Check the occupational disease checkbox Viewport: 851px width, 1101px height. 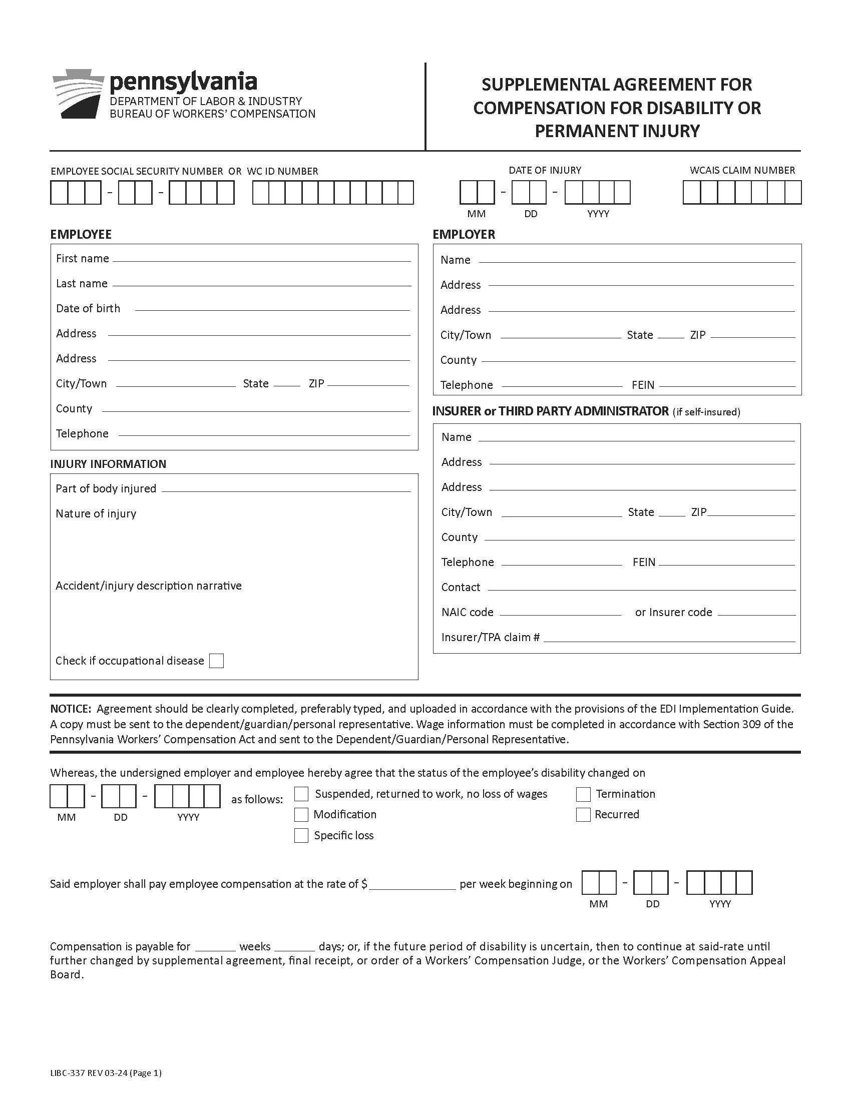coord(216,661)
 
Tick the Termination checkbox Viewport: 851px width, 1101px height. coord(583,794)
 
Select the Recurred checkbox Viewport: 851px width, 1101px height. coord(583,815)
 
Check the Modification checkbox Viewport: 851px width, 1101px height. coord(301,815)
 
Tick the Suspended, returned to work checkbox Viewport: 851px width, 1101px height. coord(301,794)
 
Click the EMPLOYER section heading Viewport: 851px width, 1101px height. coord(464,234)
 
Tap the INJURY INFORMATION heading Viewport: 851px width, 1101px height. coord(108,464)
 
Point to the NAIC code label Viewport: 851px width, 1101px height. coord(467,612)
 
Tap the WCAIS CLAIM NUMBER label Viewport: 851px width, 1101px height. coord(742,170)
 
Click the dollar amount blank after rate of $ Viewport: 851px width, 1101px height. coord(412,884)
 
